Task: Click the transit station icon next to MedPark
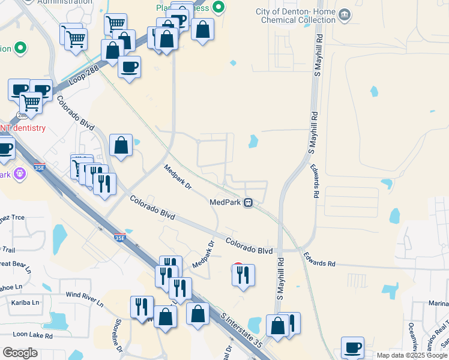tap(247, 203)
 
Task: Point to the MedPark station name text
tap(225, 203)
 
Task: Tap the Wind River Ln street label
tap(84, 298)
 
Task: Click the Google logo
tap(20, 353)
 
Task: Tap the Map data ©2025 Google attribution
tap(412, 355)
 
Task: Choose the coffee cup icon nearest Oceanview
tap(352, 347)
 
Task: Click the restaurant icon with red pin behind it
tap(243, 274)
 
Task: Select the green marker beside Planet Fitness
tap(219, 7)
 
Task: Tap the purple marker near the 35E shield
tap(19, 173)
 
